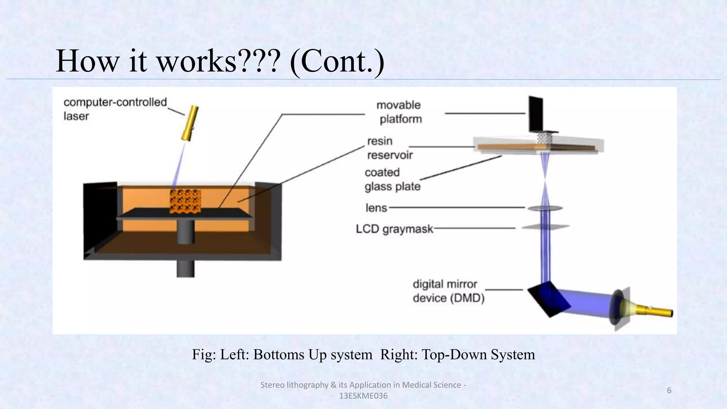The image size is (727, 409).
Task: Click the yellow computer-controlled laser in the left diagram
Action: [190, 123]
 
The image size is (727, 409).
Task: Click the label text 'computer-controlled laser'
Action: [115, 109]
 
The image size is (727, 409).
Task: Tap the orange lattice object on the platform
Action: [185, 201]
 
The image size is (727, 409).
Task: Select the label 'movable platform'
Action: [399, 112]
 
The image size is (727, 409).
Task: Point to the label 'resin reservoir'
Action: [389, 148]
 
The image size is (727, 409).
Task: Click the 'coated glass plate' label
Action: [392, 179]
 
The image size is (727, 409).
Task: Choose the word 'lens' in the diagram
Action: [376, 208]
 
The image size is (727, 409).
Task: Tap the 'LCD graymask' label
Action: [394, 229]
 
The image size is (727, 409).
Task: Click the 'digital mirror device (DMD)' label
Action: [448, 291]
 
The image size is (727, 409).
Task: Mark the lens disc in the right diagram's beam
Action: [545, 208]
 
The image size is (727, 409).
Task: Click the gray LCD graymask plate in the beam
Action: [545, 227]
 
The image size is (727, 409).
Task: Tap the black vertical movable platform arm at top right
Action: [535, 114]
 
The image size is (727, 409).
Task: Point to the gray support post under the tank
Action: [186, 268]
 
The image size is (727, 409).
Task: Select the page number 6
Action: [669, 390]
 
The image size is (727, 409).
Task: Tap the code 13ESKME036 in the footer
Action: [363, 396]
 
